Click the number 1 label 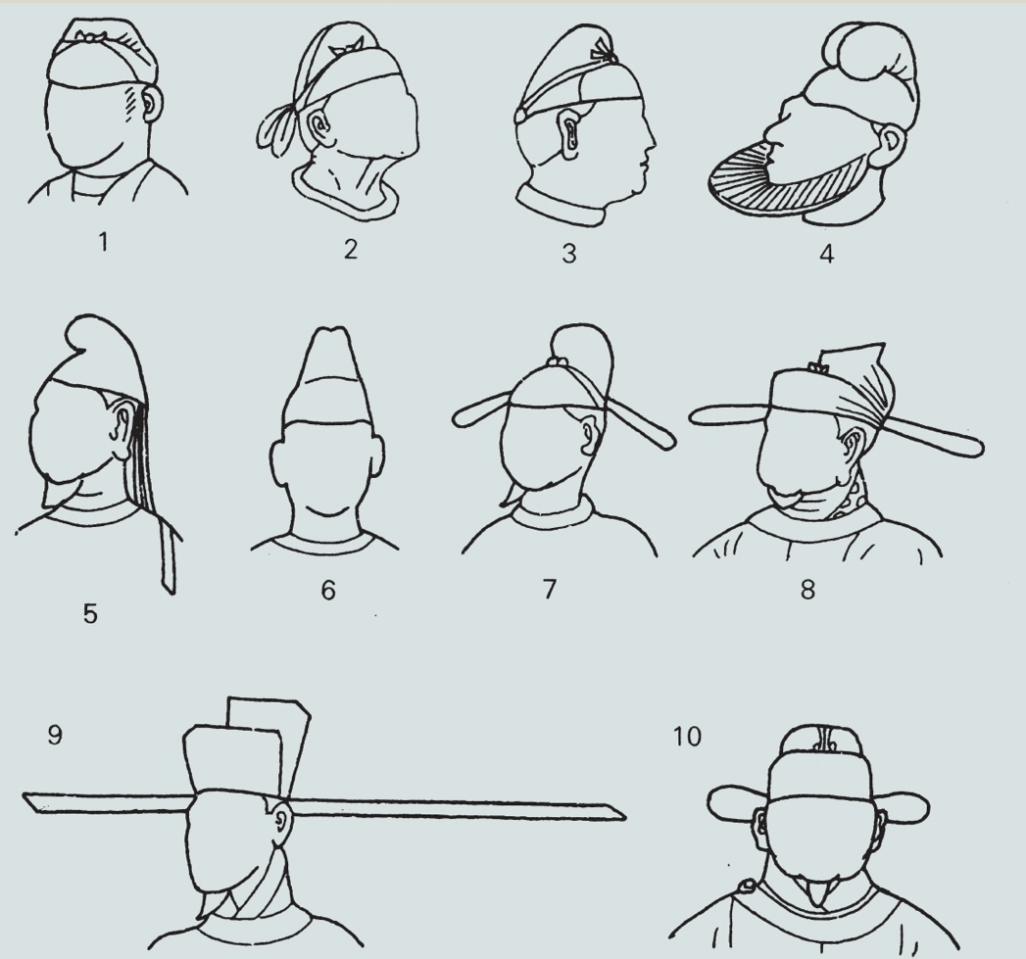103,243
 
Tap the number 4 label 826,254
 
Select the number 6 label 328,590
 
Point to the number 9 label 56,735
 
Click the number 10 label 687,736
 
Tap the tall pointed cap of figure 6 330,379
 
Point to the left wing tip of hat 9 24,796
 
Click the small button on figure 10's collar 746,887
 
